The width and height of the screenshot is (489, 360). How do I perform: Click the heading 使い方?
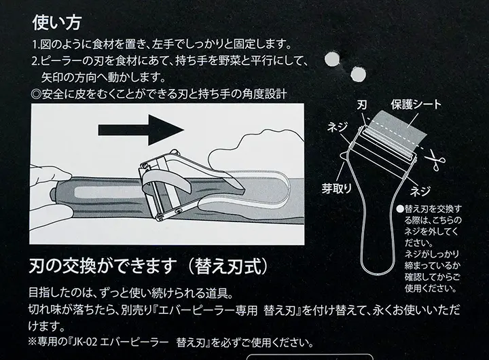pos(57,22)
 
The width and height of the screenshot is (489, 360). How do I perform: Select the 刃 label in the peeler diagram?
pos(363,106)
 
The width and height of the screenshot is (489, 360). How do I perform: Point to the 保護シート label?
pos(416,105)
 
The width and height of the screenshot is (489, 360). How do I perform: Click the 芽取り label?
pos(336,188)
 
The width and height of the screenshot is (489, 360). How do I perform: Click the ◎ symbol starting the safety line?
pos(37,93)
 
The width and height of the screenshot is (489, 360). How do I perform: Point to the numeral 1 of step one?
pos(35,46)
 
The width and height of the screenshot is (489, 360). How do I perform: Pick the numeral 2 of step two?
pos(35,61)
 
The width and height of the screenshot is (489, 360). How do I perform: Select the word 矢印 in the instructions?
pos(53,77)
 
